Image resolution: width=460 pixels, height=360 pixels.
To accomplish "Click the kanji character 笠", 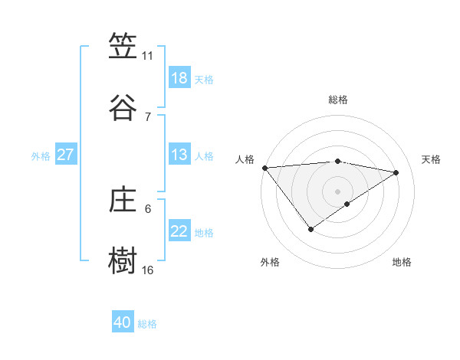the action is pyautogui.click(x=123, y=47).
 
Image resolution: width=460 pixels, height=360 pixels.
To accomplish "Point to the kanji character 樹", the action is pyautogui.click(x=123, y=260).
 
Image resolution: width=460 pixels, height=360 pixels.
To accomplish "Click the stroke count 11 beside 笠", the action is pyautogui.click(x=147, y=56).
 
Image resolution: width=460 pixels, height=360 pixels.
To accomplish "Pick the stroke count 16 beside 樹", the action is pyautogui.click(x=147, y=270).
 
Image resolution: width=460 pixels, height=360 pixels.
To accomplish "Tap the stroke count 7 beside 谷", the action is pyautogui.click(x=147, y=116).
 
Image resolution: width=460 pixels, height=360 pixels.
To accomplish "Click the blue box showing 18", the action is pyautogui.click(x=179, y=78).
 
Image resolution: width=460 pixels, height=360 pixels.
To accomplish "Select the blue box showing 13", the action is pyautogui.click(x=179, y=155).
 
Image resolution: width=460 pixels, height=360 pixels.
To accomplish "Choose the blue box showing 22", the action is pyautogui.click(x=179, y=231).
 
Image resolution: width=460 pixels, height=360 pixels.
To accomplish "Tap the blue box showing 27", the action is pyautogui.click(x=66, y=155).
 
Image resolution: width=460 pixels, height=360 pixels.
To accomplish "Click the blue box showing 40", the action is pyautogui.click(x=123, y=322).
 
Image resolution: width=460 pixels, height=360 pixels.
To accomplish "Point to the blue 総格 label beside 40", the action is pyautogui.click(x=147, y=324).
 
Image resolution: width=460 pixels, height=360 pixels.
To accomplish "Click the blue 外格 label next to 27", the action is pyautogui.click(x=41, y=156).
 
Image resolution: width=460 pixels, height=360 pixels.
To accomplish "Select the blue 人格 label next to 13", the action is pyautogui.click(x=204, y=156).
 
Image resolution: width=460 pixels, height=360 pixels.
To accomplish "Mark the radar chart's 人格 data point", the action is pyautogui.click(x=264, y=168).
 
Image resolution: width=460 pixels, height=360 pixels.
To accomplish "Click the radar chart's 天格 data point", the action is pyautogui.click(x=396, y=172).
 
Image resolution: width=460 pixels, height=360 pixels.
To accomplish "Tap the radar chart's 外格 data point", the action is pyautogui.click(x=311, y=229).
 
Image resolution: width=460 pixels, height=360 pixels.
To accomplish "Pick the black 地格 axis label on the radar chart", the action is pyautogui.click(x=402, y=263).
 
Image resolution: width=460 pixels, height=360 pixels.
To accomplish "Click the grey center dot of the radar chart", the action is pyautogui.click(x=337, y=191).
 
